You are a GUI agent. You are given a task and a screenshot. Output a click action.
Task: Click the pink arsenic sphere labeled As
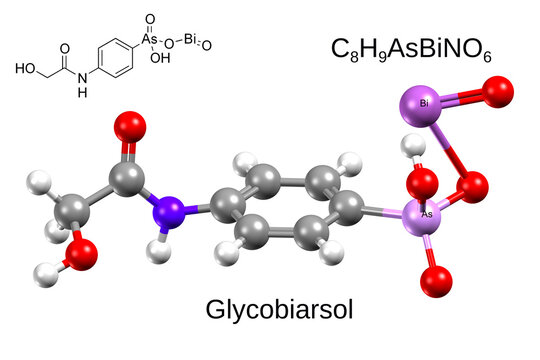click(x=424, y=215)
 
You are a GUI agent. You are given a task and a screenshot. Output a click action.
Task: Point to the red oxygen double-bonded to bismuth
click(x=495, y=93)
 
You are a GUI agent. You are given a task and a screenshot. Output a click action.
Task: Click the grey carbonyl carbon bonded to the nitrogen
click(x=127, y=179)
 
